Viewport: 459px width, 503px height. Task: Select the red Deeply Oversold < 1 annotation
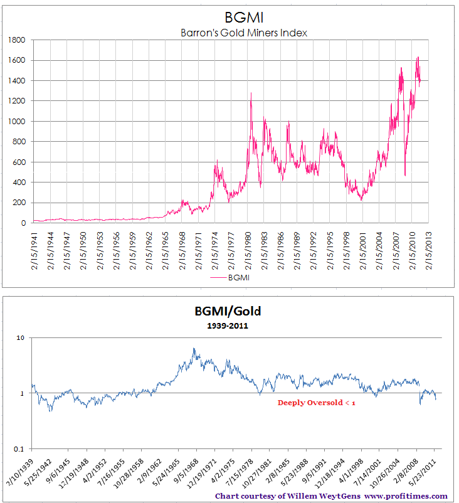click(317, 403)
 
